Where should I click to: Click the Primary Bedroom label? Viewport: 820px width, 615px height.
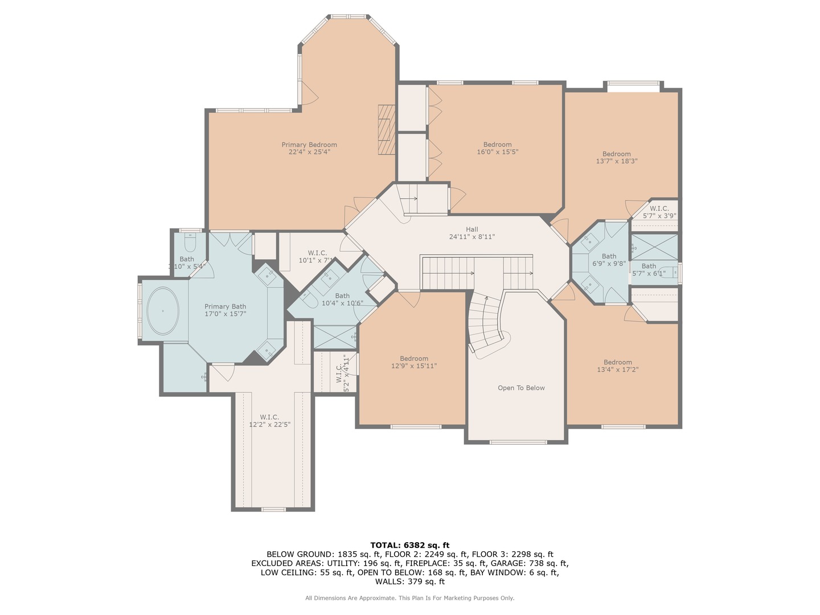coord(309,145)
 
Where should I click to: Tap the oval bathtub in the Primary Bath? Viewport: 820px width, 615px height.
coord(163,311)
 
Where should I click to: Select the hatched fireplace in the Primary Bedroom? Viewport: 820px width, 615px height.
coord(386,129)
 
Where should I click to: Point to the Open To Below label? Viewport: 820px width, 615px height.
coord(521,388)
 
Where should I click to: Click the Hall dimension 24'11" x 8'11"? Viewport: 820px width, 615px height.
coord(471,237)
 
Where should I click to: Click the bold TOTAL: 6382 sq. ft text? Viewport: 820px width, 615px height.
coord(409,545)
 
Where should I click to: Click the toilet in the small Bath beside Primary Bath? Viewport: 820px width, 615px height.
coord(190,243)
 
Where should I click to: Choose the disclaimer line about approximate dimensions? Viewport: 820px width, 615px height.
coord(409,598)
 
